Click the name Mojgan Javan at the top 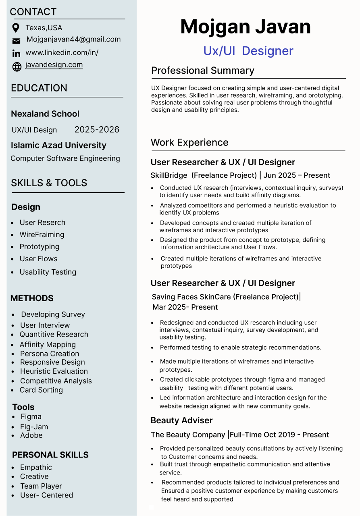tap(246, 27)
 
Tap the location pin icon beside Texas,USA tap(16, 28)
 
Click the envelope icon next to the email tap(16, 41)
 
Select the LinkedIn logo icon tap(16, 53)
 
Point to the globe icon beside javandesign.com tap(17, 67)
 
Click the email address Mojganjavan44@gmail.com tap(73, 40)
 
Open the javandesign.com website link tap(54, 65)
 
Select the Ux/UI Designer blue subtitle tap(248, 51)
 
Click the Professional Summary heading tap(202, 71)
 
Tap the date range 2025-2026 tap(97, 129)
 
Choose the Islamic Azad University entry tap(58, 145)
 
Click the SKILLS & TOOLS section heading tap(49, 183)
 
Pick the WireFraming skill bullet tap(42, 235)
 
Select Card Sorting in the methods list tap(41, 390)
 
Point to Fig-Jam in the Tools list tap(34, 427)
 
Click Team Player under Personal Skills tap(41, 486)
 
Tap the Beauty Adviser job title tap(181, 420)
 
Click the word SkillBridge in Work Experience tap(169, 175)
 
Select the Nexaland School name tap(45, 114)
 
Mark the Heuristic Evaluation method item tap(54, 371)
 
